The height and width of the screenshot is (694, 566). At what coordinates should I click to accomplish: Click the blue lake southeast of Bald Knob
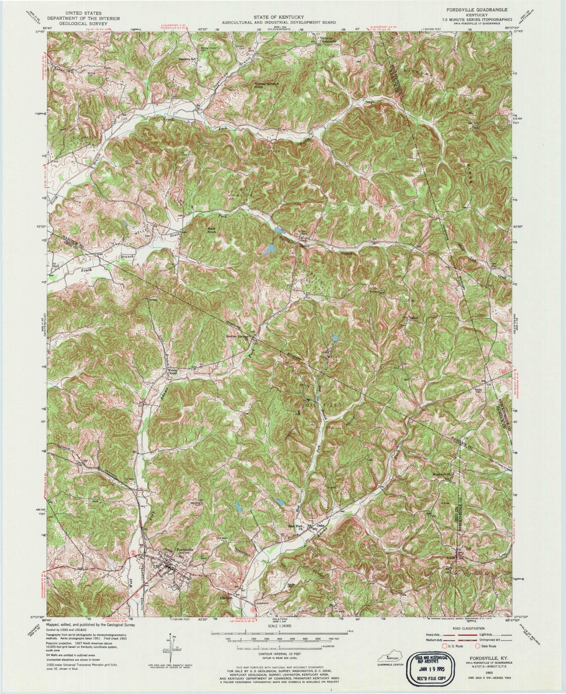pyautogui.click(x=269, y=249)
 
